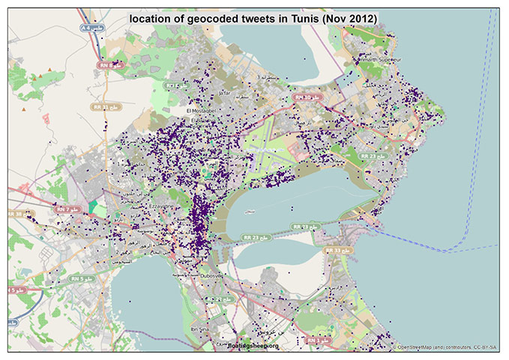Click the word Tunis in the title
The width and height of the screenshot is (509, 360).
tap(293, 17)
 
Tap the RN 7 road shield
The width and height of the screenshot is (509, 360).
tap(68, 208)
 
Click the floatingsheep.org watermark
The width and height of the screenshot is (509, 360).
tap(253, 346)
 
